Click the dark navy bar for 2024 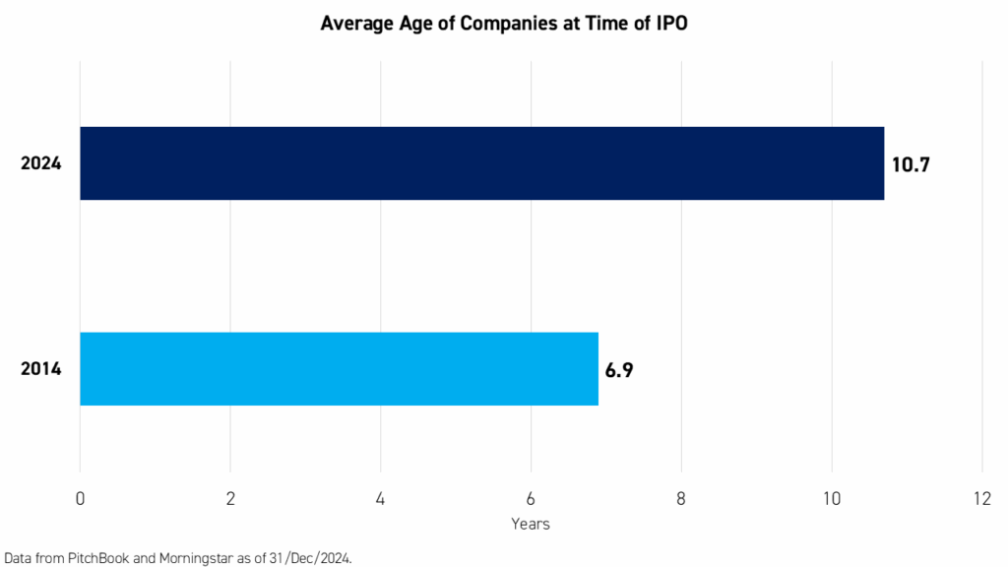[481, 163]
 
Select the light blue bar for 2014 [339, 369]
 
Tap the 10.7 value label [911, 164]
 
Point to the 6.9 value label [618, 370]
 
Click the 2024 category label [41, 164]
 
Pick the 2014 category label [41, 370]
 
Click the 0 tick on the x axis [80, 499]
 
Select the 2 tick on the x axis [230, 499]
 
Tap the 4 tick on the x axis [381, 499]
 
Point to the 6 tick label [531, 499]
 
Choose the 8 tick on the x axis [681, 499]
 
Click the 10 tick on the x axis [832, 499]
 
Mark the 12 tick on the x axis [981, 499]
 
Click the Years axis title [531, 524]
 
